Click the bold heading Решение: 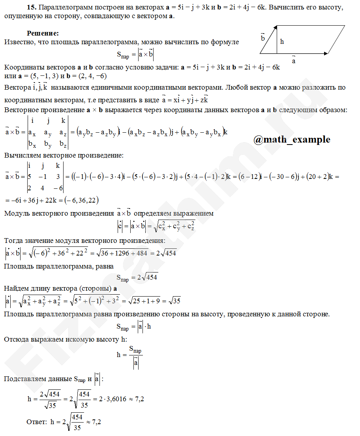pos(43,33)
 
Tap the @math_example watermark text pos(292,139)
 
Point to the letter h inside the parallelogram pos(282,41)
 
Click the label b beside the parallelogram pos(263,38)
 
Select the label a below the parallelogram pos(294,61)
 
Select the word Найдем pos(15,289)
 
